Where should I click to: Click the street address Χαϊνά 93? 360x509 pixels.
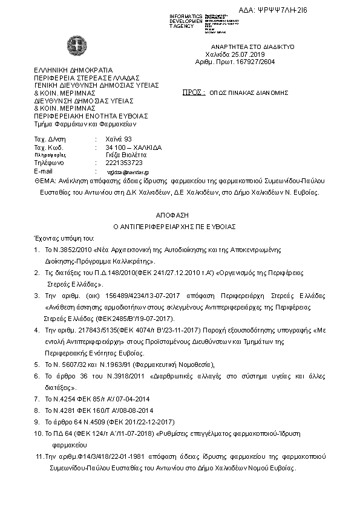click(x=119, y=139)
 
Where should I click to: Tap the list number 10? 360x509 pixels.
click(x=38, y=434)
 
